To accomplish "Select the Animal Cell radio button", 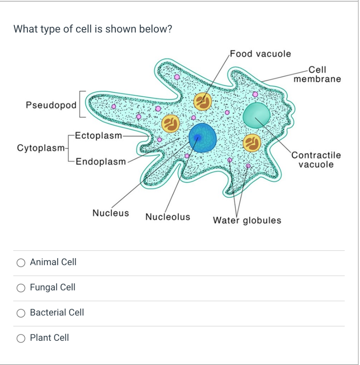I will click(x=21, y=263).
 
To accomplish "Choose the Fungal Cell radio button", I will click(x=21, y=288).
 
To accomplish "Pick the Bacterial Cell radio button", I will click(x=21, y=313).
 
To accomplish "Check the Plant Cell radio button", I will click(x=21, y=338).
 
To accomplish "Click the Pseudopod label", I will click(x=51, y=105).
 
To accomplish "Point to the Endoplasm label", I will click(x=101, y=161).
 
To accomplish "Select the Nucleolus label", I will click(x=168, y=217).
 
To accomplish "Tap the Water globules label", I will click(x=247, y=220).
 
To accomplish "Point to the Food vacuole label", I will click(x=260, y=54).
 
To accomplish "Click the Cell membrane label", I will click(x=317, y=74).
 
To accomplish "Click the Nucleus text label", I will click(x=111, y=213).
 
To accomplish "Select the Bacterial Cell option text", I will click(x=57, y=313).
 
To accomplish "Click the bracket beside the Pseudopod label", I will click(x=81, y=104).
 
